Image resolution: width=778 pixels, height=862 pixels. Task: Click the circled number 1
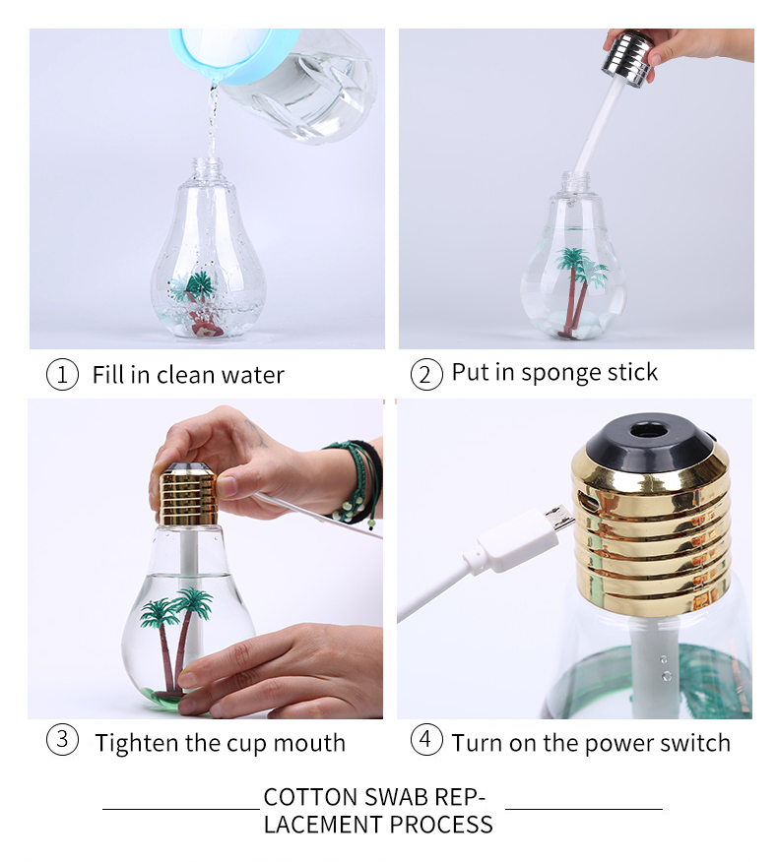62,375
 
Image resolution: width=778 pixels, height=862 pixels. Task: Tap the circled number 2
425,375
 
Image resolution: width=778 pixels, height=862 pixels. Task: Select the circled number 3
62,740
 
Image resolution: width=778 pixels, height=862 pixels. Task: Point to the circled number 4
425,740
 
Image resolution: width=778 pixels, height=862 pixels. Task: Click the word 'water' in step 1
253,375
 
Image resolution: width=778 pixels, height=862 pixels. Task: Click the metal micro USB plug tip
559,520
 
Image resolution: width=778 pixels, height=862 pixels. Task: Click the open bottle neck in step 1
207,166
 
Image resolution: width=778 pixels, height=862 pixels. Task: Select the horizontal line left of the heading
181,810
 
